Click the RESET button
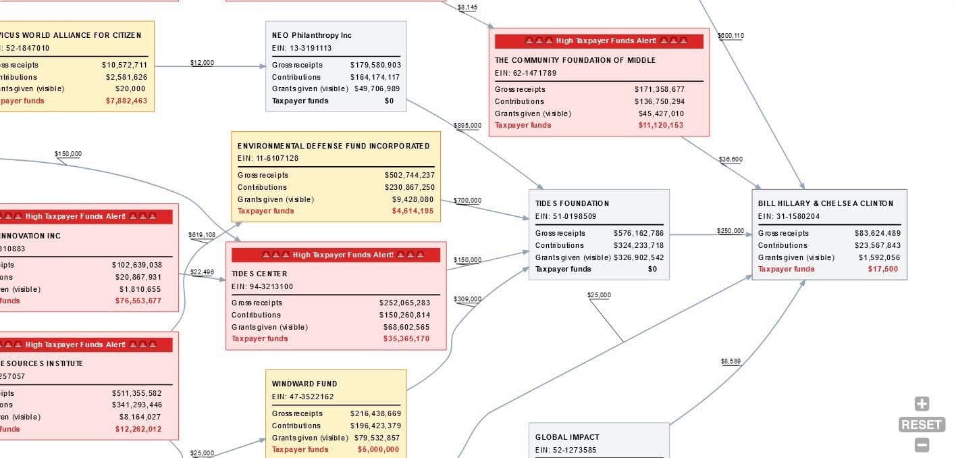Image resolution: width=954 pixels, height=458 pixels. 922,425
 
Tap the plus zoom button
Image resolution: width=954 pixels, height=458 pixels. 922,404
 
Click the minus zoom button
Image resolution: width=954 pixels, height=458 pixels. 922,445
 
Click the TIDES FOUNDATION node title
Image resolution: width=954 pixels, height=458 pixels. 572,203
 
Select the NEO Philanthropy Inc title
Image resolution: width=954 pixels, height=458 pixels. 311,35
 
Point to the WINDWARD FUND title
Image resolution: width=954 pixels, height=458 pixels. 304,384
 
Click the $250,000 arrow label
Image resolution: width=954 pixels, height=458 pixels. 731,231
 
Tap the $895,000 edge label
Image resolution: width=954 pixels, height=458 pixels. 468,126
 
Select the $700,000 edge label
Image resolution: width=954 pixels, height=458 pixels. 467,201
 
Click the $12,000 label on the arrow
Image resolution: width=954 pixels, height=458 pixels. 202,63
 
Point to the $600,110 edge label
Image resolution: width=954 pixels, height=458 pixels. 731,36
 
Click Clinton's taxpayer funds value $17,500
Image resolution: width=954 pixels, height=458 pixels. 883,269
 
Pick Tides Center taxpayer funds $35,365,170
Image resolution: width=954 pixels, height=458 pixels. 406,339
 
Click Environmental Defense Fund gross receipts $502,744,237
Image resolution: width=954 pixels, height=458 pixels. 409,175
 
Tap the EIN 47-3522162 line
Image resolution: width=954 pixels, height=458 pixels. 302,397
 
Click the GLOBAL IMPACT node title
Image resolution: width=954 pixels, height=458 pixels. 567,437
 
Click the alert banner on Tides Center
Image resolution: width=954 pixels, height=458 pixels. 336,255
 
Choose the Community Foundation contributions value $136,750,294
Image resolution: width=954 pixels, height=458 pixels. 659,101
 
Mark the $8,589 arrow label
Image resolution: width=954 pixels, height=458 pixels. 731,361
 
